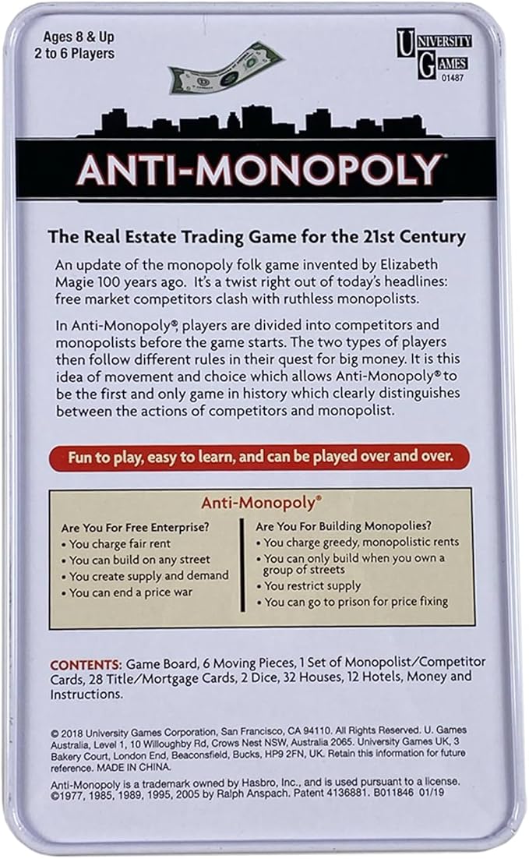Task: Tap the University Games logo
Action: tap(434, 54)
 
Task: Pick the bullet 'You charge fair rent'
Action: tap(120, 544)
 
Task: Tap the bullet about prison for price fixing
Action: tap(356, 602)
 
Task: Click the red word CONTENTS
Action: tap(86, 664)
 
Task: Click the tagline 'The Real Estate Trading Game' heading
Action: tap(256, 235)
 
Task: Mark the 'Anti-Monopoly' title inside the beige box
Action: tap(261, 504)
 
